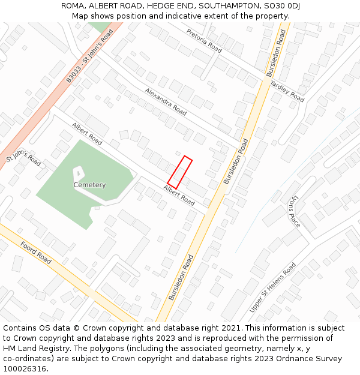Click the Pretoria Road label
coord(204,40)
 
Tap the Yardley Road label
coord(287,90)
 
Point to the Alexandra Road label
coord(165,101)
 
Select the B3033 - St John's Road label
coord(89,56)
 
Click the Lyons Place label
coord(293,212)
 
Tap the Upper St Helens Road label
coord(273,287)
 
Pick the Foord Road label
coord(36,253)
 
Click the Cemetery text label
coord(89,185)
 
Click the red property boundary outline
coord(179,172)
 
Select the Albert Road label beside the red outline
coord(179,196)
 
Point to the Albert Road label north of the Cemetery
coord(87,134)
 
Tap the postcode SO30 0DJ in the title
coord(281,6)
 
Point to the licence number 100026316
coord(23,369)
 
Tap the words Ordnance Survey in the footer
coord(310,359)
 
